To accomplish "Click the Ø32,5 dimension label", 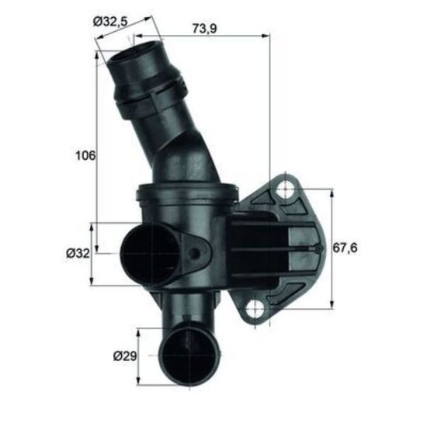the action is pyautogui.click(x=110, y=21).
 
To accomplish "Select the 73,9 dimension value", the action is pyautogui.click(x=204, y=28).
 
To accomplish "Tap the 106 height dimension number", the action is pyautogui.click(x=85, y=156).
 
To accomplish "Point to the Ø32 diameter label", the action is pyautogui.click(x=78, y=254).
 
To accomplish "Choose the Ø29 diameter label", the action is pyautogui.click(x=125, y=356).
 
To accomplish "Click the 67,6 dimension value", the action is pyautogui.click(x=345, y=248).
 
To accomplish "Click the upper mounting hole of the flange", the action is pyautogui.click(x=285, y=190).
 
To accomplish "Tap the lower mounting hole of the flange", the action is pyautogui.click(x=255, y=309).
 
